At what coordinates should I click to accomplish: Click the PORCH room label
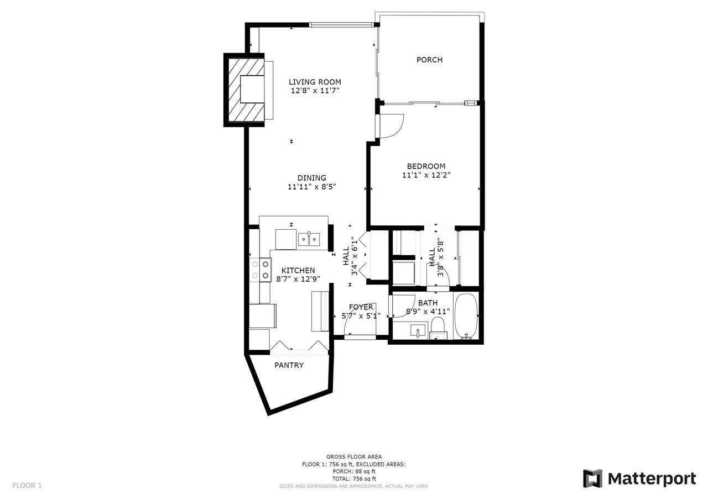pos(429,60)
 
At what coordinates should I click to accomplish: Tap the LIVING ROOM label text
pos(315,82)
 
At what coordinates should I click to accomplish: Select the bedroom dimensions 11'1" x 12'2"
pos(426,175)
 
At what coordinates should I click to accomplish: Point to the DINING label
pos(311,178)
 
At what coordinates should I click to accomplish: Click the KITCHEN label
pos(298,271)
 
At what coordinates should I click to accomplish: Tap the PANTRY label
pos(289,365)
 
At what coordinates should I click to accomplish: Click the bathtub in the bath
pos(466,316)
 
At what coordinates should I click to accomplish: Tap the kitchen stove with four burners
pos(261,270)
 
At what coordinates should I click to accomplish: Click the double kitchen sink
pos(309,239)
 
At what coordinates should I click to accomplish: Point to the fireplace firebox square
pos(252,90)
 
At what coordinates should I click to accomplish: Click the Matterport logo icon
pos(592,478)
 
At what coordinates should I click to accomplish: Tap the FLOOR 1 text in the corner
pos(27,486)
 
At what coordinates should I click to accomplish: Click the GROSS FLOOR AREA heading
pos(354,456)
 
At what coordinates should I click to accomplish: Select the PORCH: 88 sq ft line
pos(354,472)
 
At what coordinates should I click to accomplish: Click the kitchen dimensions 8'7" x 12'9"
pos(298,279)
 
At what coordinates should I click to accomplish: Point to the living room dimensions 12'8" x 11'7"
pos(315,91)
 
